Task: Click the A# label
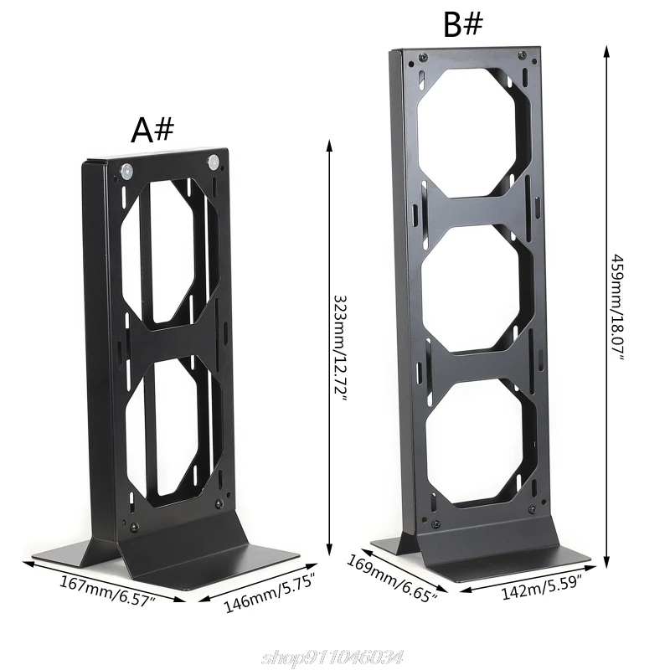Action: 152,130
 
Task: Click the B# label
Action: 463,25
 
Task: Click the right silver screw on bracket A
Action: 213,159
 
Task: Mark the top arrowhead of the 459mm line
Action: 606,49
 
